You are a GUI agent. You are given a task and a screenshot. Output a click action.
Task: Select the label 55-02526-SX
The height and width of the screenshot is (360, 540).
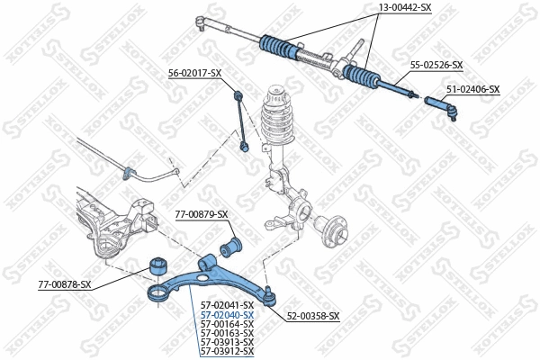point(436,65)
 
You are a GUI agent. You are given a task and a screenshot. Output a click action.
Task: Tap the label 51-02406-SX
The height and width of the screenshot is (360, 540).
point(472,89)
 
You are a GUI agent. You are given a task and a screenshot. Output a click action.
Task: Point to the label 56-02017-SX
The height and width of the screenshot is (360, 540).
point(194,73)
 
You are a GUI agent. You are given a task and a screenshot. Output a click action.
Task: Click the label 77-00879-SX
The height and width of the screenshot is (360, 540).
point(202,214)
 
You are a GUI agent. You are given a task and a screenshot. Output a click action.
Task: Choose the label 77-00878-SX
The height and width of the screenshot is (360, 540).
point(65,284)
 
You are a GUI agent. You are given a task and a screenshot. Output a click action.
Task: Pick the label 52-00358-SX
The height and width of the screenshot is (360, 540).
point(313,316)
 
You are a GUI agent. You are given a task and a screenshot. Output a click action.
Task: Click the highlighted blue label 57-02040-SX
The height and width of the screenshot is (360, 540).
point(227,315)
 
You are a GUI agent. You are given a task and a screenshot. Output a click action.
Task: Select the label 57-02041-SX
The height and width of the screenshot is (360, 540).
point(227,306)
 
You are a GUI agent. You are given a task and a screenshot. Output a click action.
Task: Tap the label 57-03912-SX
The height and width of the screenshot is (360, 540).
point(227,351)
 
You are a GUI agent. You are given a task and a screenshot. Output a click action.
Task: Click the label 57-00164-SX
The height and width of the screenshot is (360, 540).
point(227,324)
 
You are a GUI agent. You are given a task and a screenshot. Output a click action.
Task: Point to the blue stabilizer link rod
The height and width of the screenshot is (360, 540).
point(240,117)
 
